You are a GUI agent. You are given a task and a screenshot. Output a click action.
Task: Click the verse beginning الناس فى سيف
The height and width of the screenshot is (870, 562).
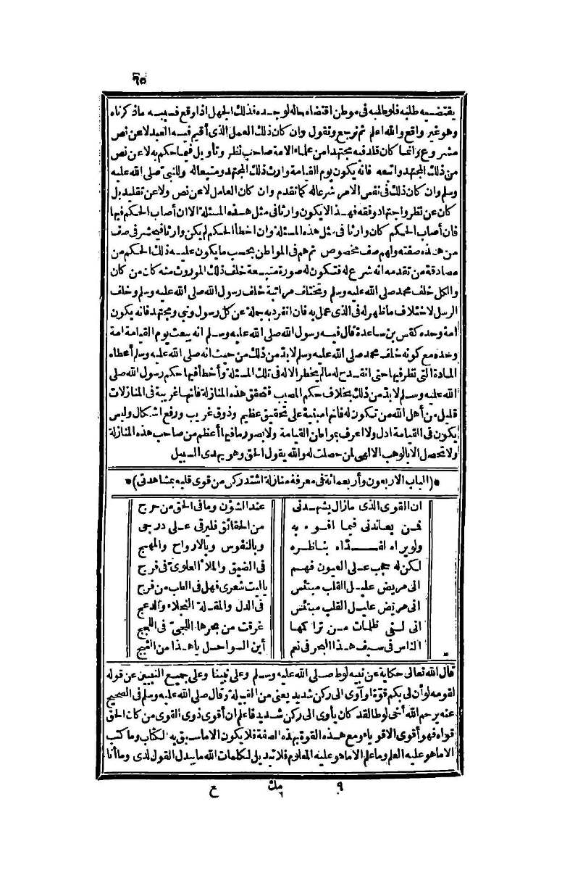(364, 641)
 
